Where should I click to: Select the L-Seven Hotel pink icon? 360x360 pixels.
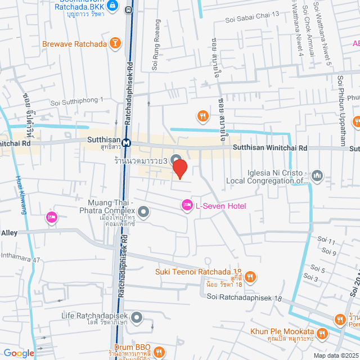point(187,206)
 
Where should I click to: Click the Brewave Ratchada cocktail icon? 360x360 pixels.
point(115,43)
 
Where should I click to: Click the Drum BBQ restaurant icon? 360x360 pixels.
point(159,352)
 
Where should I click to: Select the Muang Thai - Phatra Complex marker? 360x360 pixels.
point(143,212)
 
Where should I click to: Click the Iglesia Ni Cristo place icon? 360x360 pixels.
point(317,176)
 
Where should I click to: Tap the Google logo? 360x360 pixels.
point(18,353)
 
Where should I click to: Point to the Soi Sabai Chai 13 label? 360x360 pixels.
point(251,20)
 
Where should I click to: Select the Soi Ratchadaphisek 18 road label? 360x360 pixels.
point(244,296)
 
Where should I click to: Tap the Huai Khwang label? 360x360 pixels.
point(24,197)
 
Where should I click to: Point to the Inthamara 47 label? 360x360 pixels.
point(21,259)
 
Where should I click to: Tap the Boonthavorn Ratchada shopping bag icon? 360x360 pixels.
point(113,6)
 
